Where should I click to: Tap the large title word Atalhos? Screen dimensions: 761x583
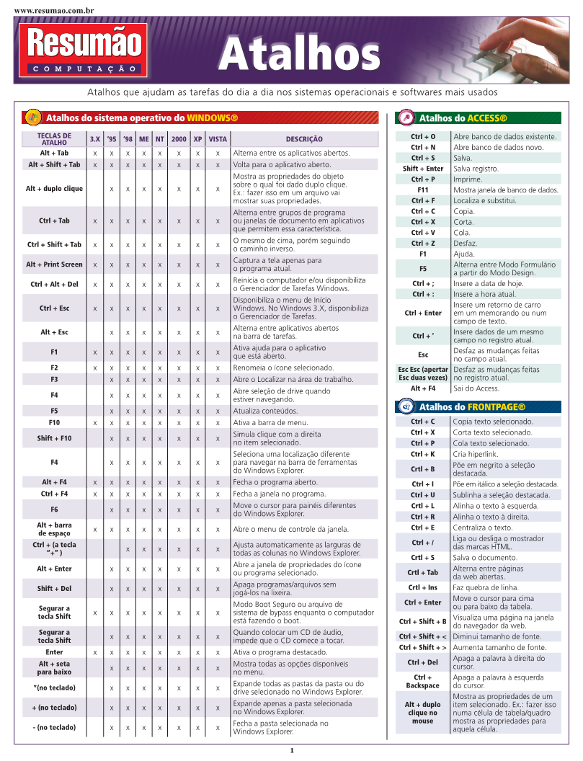click(x=299, y=53)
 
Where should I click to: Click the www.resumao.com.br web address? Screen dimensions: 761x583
click(x=54, y=12)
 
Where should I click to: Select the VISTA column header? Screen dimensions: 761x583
click(x=217, y=139)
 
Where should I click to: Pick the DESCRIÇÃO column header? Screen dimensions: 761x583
click(x=304, y=139)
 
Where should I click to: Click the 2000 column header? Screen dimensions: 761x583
click(x=179, y=139)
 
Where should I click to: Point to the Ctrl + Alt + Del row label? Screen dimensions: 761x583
click(x=54, y=284)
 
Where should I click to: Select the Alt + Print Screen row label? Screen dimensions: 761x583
click(x=54, y=264)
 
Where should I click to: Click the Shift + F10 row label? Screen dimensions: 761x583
click(x=54, y=438)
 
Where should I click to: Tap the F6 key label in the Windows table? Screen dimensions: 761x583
click(x=54, y=509)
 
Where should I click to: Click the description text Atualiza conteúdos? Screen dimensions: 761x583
click(x=265, y=411)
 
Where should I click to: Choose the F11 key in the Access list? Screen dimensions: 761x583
click(x=423, y=190)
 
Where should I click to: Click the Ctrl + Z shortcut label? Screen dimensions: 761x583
click(x=423, y=244)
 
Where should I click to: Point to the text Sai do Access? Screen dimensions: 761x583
click(x=476, y=388)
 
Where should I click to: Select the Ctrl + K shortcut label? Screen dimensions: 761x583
click(x=423, y=454)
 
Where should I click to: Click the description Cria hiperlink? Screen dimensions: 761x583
click(x=476, y=454)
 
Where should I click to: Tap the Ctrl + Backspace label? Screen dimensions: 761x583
click(x=422, y=681)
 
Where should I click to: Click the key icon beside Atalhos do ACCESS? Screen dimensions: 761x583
click(x=406, y=118)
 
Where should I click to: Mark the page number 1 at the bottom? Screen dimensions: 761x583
click(x=292, y=751)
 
